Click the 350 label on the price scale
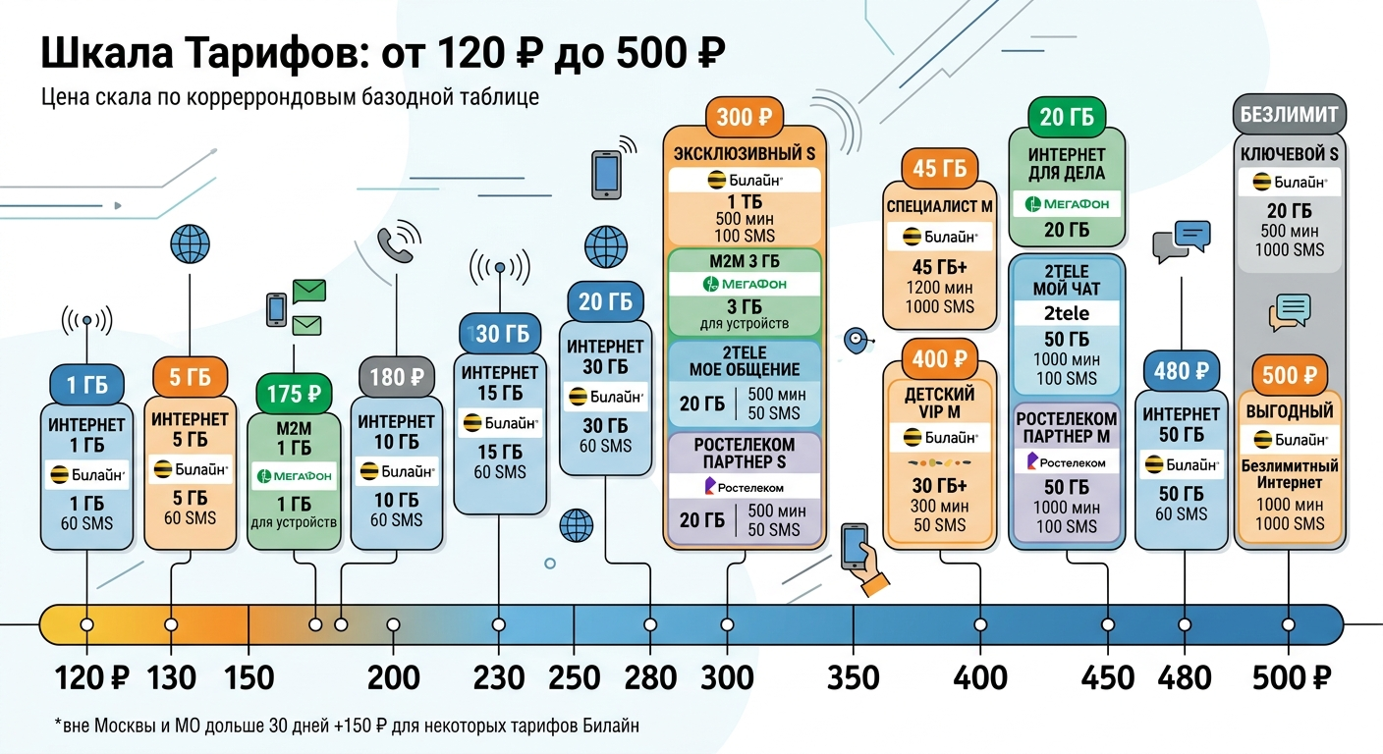(x=854, y=677)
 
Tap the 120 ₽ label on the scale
(x=91, y=677)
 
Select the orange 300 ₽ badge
(x=745, y=117)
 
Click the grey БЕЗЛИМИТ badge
(x=1289, y=114)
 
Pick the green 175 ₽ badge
(x=294, y=394)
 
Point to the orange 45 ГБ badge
(x=940, y=168)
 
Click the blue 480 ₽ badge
(x=1181, y=371)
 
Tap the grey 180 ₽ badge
(x=397, y=376)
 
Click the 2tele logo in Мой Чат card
(x=1067, y=313)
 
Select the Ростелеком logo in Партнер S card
(x=744, y=487)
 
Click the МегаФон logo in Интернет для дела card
(x=1067, y=203)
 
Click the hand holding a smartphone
(x=864, y=559)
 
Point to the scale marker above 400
(x=980, y=624)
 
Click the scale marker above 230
(x=499, y=624)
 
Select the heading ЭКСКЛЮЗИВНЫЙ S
(x=745, y=153)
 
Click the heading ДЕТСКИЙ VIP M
(x=939, y=403)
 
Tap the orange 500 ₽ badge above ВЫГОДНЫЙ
(x=1289, y=375)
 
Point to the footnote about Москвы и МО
(x=347, y=726)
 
